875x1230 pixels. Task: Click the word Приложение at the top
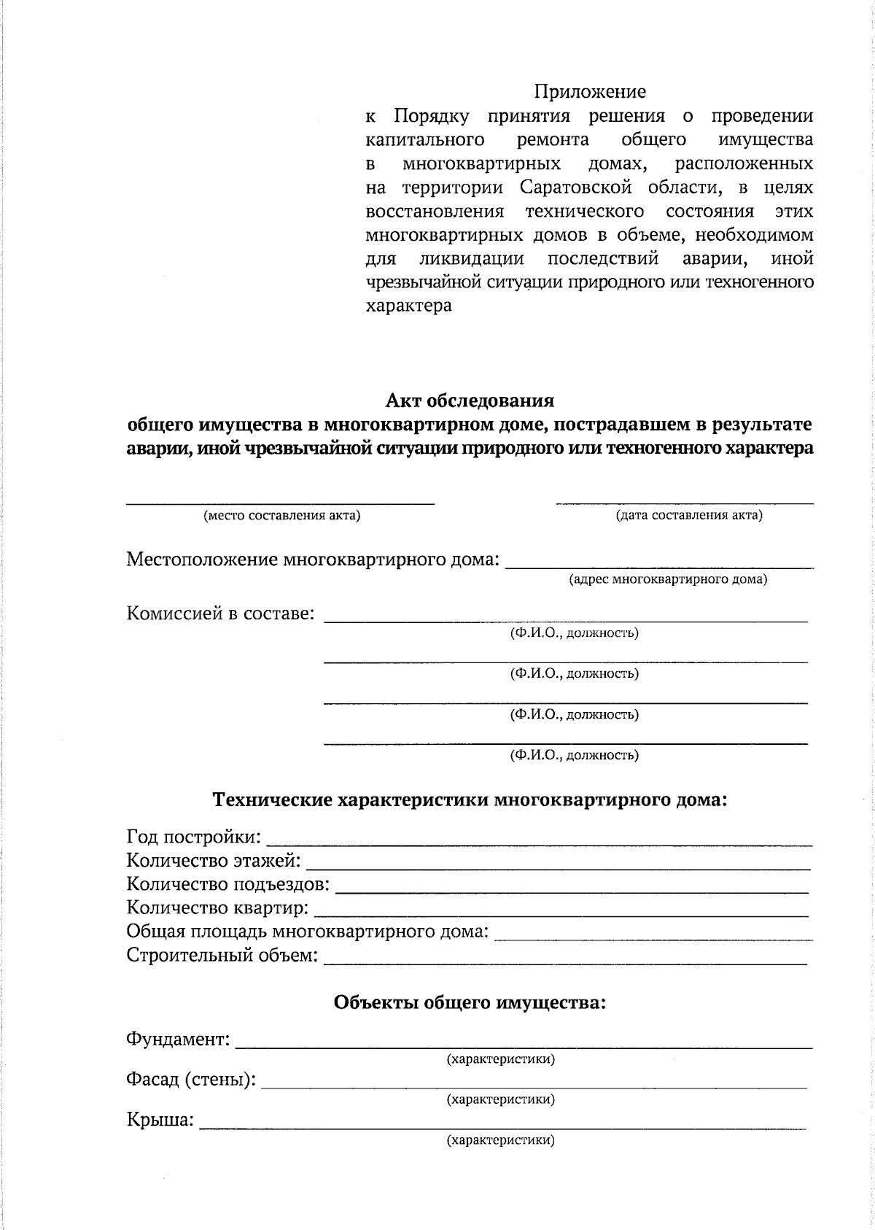pyautogui.click(x=590, y=92)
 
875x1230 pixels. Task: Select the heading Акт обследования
pyautogui.click(x=470, y=401)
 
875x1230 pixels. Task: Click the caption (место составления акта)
pyautogui.click(x=281, y=516)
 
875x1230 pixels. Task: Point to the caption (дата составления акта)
pyautogui.click(x=689, y=516)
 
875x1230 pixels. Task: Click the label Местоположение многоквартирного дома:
pyautogui.click(x=314, y=560)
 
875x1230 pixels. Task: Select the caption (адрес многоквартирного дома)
pyautogui.click(x=667, y=580)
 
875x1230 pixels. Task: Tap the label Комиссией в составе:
pyautogui.click(x=221, y=614)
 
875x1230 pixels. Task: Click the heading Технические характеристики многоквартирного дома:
pyautogui.click(x=470, y=800)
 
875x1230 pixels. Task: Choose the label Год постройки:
pyautogui.click(x=194, y=837)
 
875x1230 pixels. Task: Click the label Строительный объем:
pyautogui.click(x=222, y=955)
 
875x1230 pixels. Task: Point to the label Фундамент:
pyautogui.click(x=179, y=1039)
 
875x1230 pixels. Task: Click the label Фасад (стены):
pyautogui.click(x=191, y=1079)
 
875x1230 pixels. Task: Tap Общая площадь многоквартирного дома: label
pyautogui.click(x=307, y=932)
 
